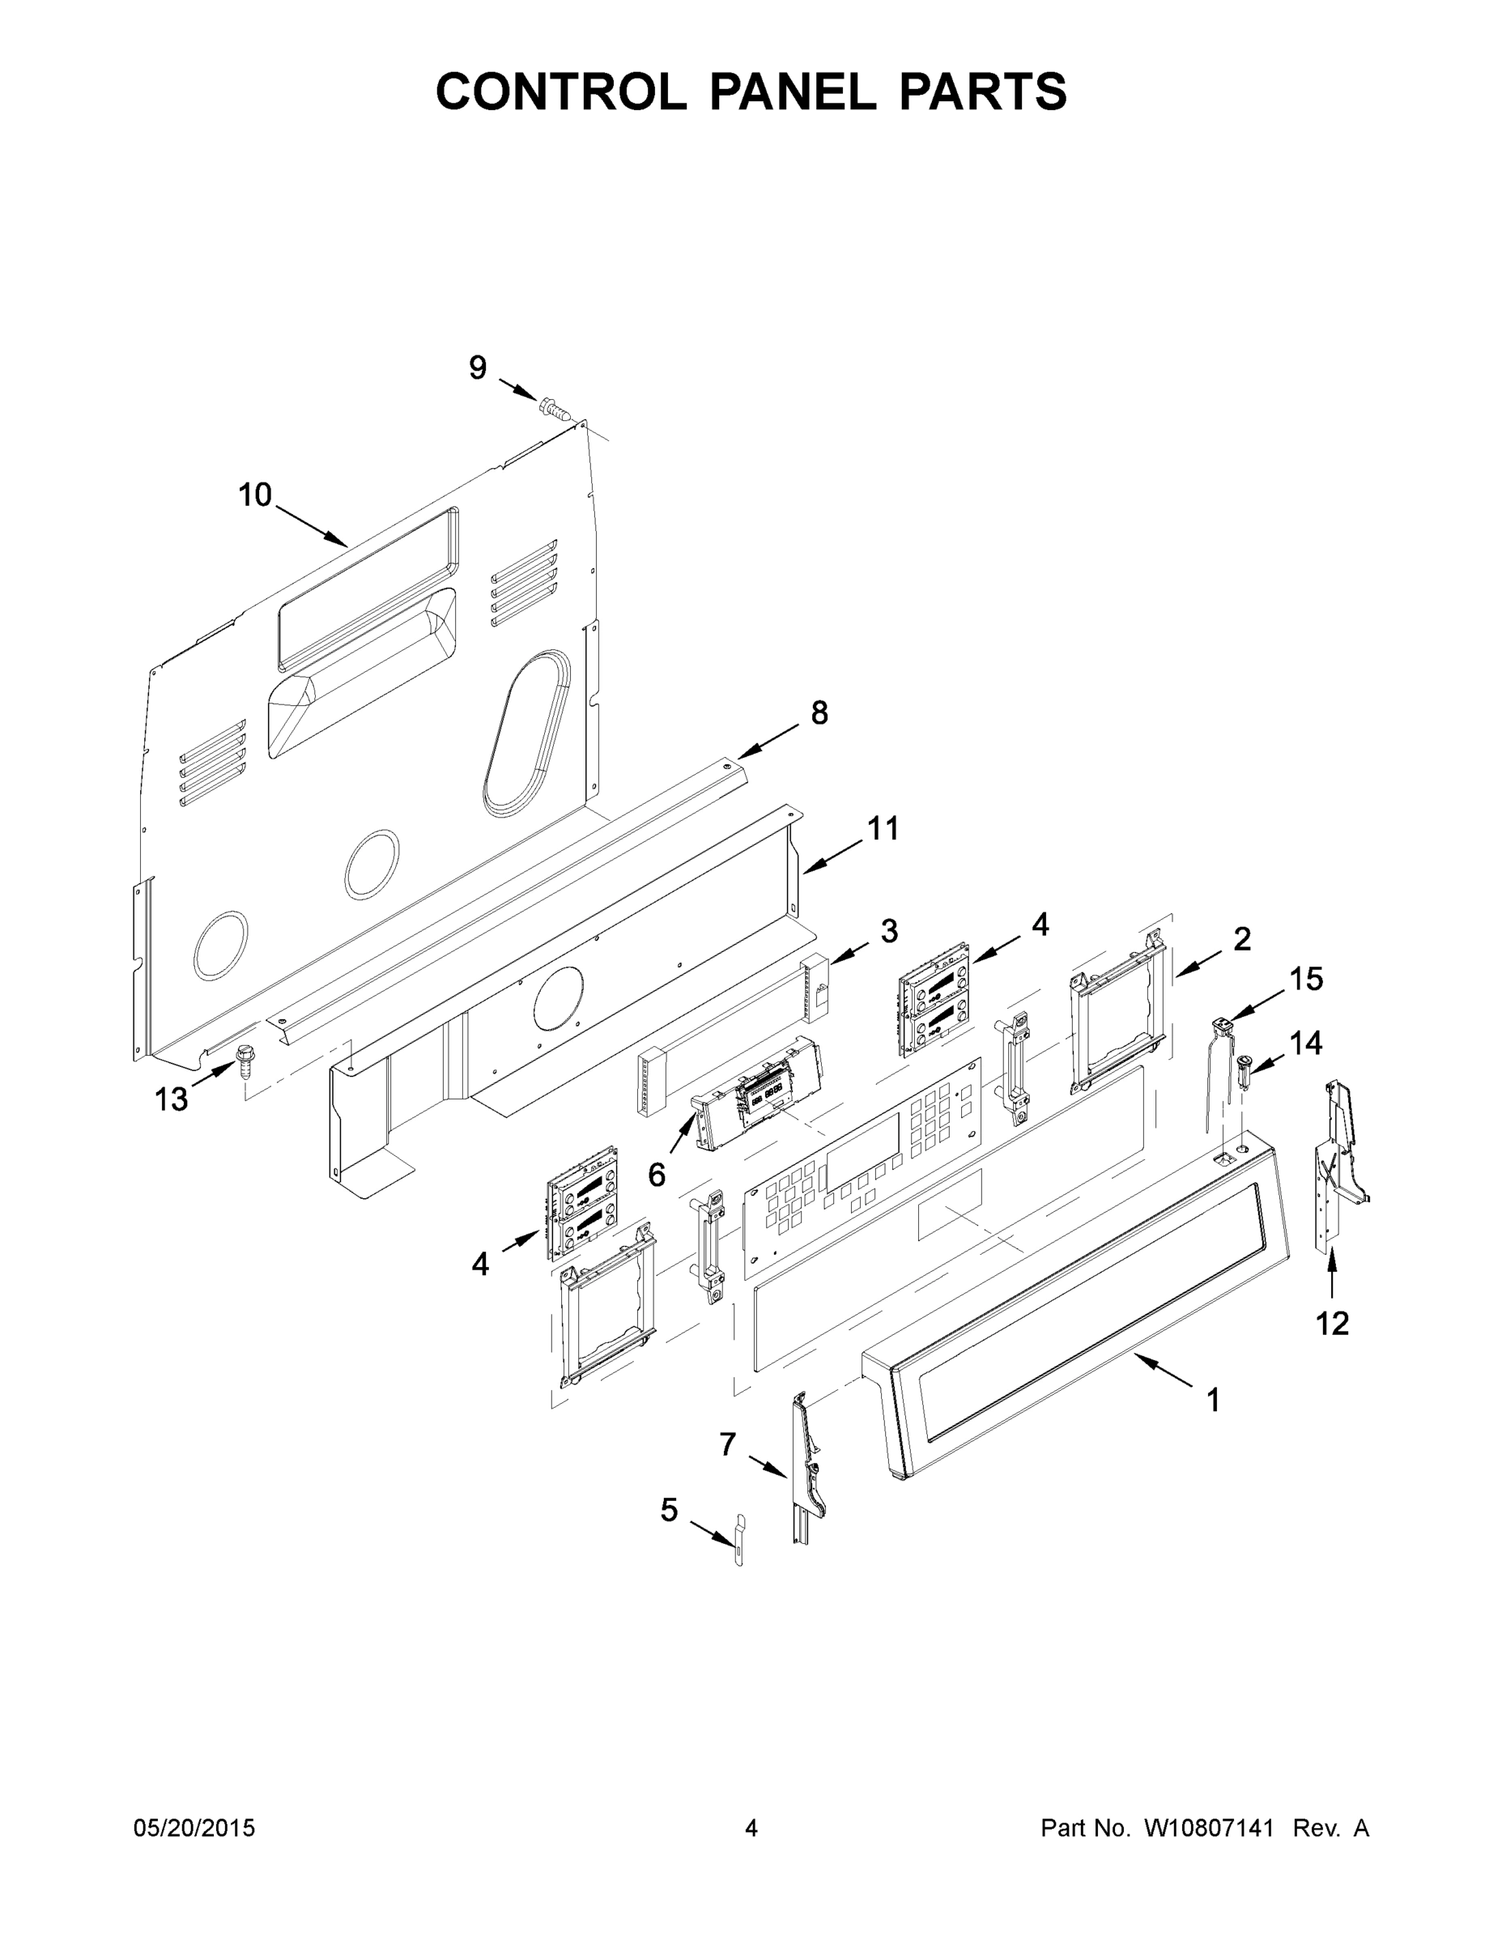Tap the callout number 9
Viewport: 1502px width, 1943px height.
point(478,368)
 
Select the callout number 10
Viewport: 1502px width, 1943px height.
point(254,495)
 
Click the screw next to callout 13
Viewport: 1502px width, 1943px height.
point(243,1060)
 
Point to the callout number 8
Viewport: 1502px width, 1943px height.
point(819,712)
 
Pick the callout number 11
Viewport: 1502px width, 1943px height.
point(883,828)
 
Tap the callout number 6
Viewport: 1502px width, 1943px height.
point(656,1176)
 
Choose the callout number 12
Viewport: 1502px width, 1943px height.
point(1332,1348)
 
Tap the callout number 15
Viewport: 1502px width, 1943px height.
point(1306,979)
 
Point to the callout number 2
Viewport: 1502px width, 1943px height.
point(1242,938)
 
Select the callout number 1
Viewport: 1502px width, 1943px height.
point(1213,1401)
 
